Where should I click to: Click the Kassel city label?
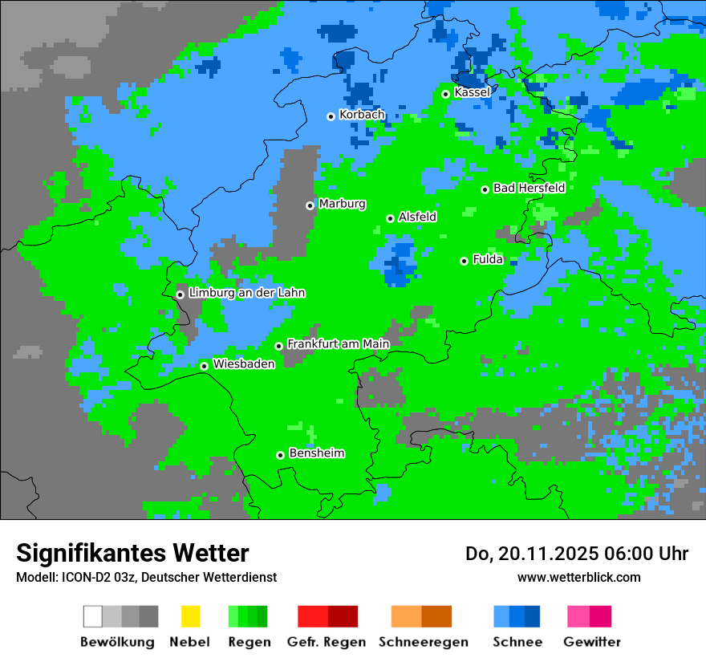click(472, 92)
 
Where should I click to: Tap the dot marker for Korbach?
click(331, 116)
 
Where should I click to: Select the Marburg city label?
click(342, 204)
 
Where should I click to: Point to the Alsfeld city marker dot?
click(390, 218)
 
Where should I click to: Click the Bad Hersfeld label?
click(529, 188)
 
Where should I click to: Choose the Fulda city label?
click(488, 259)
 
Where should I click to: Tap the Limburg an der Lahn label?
click(246, 293)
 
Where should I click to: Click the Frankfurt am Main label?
click(338, 343)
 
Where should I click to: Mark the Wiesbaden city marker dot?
click(204, 366)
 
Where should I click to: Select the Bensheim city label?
click(316, 453)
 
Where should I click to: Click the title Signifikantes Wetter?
click(132, 554)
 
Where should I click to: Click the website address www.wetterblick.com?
click(578, 577)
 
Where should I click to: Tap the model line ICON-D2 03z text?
click(101, 577)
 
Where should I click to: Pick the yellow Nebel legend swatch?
click(190, 616)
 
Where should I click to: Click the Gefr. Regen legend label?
click(326, 642)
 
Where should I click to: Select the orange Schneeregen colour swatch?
click(407, 616)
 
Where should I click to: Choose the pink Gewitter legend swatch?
click(578, 616)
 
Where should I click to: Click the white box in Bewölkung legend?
click(93, 616)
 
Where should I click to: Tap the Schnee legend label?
click(517, 642)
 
